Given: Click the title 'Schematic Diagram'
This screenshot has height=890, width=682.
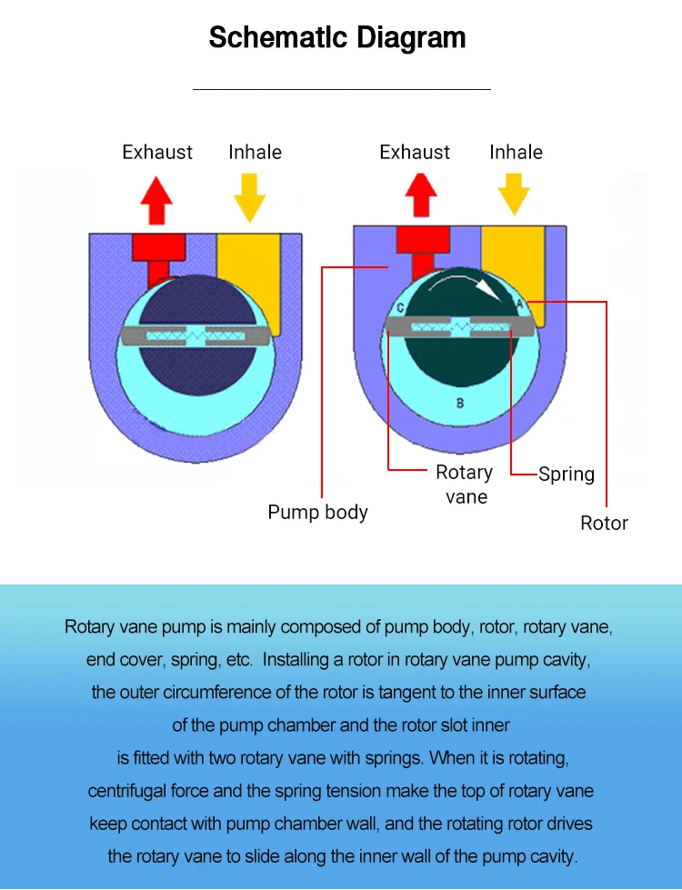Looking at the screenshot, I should pos(337,38).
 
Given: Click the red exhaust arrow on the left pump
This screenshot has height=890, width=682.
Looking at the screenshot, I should pos(157,200).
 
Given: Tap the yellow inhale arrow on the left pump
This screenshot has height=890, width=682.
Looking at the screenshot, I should pos(249,197).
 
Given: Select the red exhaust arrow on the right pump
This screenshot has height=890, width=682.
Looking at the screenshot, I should pos(421,194).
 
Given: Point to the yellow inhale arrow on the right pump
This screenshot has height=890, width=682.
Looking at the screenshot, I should pos(514,192).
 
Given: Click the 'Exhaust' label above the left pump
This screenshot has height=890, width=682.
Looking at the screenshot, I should pos(157,152).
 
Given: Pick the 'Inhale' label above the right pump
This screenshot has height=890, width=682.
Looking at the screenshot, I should pos(516,152).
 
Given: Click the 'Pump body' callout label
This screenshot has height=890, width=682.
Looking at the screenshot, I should pos(317,512).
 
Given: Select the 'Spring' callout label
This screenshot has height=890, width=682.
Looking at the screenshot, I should pos(566,474).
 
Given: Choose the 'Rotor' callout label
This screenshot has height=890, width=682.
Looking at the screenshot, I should pos(604,523).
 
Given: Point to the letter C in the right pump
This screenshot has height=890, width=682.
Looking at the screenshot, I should pos(400,307).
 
